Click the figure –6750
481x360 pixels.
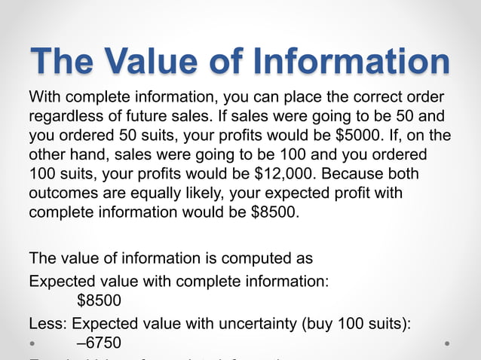[x=99, y=342]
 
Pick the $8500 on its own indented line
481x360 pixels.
[x=99, y=300]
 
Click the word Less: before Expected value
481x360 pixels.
[x=47, y=322]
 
